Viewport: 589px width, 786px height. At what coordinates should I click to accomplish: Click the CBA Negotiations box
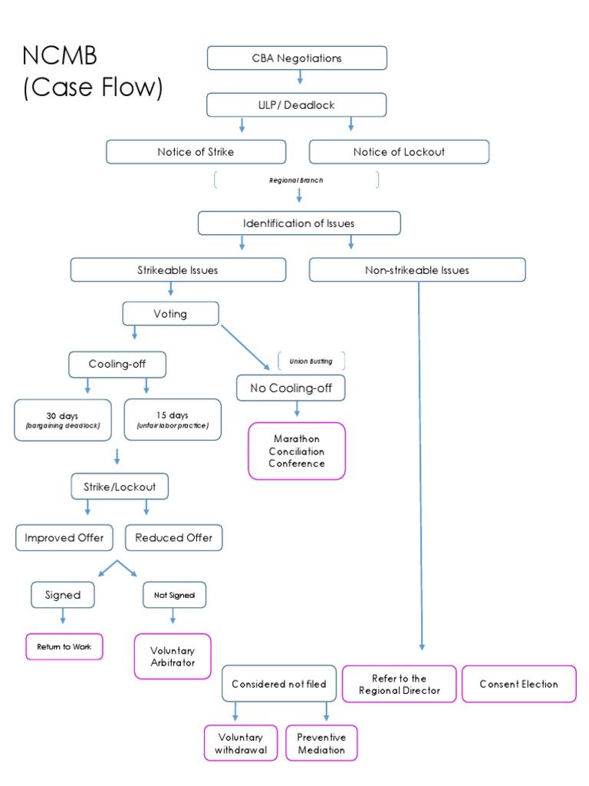pos(297,58)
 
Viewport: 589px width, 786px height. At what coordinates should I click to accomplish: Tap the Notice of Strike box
pos(196,152)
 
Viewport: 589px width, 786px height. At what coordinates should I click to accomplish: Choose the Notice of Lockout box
pos(399,152)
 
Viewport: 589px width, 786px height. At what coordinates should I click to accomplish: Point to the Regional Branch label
pos(296,180)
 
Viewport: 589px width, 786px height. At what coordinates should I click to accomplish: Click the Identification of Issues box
pos(298,223)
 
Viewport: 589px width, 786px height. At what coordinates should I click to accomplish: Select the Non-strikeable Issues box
pos(417,270)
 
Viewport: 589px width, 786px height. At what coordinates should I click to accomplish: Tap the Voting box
pos(170,314)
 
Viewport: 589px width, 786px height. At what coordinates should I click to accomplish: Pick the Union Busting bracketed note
pos(311,361)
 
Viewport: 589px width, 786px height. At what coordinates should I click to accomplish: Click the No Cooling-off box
pos(291,388)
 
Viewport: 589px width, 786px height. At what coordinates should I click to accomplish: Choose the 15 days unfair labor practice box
pos(173,420)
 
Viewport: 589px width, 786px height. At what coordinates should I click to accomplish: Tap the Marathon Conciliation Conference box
pos(297,451)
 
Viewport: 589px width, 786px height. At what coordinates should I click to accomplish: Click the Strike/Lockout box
pos(119,487)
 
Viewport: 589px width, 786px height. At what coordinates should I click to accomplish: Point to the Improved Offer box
pos(64,538)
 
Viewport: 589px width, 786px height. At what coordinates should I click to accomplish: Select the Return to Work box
pos(64,647)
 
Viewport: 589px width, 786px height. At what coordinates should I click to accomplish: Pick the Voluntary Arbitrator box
pos(173,656)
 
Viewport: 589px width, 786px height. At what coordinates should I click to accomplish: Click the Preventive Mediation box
pos(321,744)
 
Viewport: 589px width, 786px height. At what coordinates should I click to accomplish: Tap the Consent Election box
pos(518,684)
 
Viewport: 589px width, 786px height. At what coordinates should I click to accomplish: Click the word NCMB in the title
pos(60,57)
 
